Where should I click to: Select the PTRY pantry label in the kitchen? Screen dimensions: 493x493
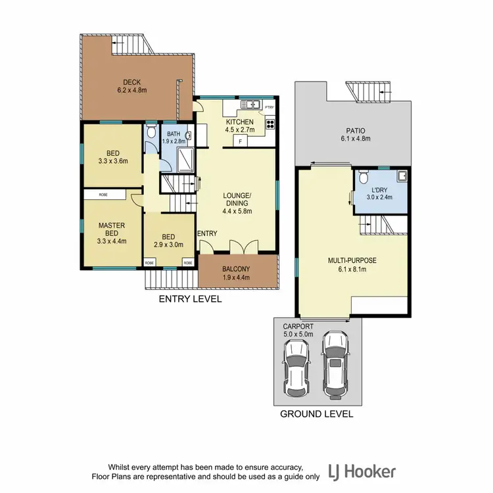click(x=270, y=107)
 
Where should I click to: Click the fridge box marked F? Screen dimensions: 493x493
click(x=241, y=141)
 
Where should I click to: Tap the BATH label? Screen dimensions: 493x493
click(x=173, y=133)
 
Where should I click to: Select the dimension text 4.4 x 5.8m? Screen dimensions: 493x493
click(x=237, y=211)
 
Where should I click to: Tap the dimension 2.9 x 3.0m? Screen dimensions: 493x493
click(x=169, y=245)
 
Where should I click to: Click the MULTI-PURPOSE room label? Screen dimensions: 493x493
click(x=352, y=260)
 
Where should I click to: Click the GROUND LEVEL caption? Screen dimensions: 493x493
click(x=317, y=414)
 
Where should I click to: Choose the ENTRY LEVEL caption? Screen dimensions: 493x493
click(x=191, y=299)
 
